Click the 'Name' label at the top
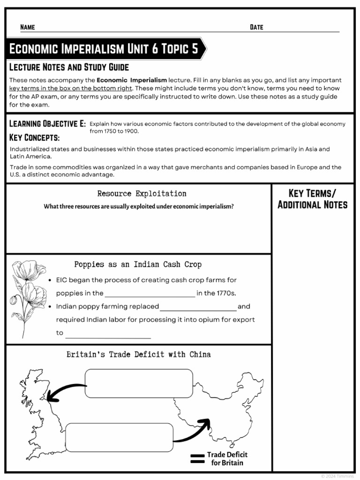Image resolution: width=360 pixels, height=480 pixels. (x=28, y=27)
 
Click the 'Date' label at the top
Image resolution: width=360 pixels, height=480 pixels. (x=256, y=27)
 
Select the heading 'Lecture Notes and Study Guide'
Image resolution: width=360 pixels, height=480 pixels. (x=69, y=67)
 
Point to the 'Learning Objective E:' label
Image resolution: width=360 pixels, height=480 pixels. (x=47, y=124)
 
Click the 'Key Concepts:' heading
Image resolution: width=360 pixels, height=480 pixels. (x=34, y=138)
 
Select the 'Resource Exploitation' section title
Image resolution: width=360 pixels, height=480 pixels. (x=142, y=194)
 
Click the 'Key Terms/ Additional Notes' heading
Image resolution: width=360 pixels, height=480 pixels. (x=312, y=199)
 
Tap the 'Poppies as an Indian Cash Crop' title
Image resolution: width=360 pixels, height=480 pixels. (x=138, y=264)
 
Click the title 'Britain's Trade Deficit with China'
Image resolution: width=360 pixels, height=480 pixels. (x=138, y=354)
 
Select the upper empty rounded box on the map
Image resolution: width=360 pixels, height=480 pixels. (x=139, y=383)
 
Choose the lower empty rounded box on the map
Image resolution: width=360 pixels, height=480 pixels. (x=120, y=437)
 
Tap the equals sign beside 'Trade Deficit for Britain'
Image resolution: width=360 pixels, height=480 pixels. (x=197, y=458)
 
